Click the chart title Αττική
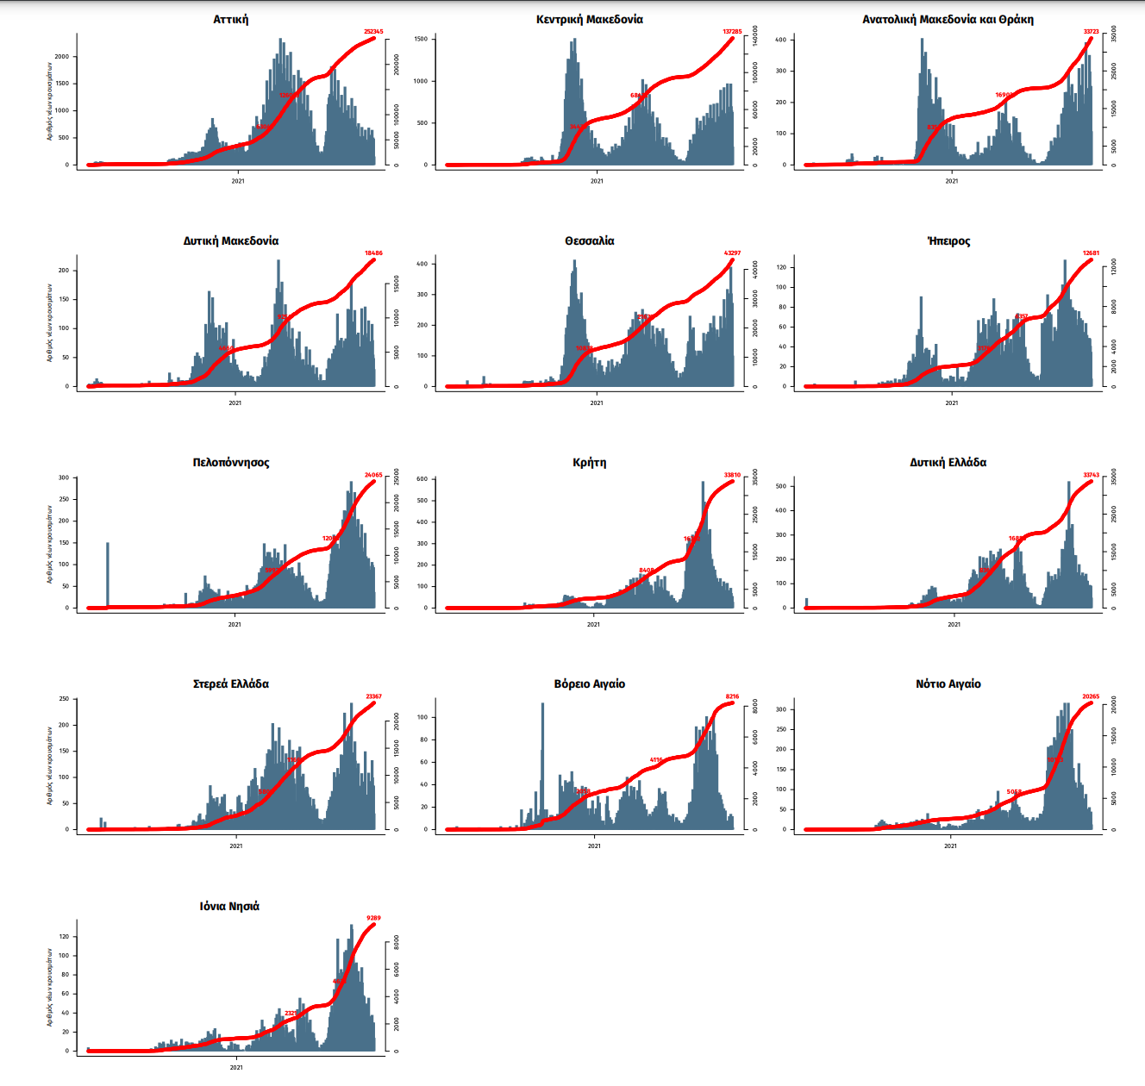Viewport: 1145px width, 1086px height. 230,19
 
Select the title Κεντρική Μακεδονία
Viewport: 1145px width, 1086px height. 589,19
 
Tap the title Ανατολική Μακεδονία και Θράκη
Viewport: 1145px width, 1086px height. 948,19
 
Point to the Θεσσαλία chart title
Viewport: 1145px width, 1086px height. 589,240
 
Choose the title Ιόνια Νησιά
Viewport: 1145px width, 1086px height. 229,906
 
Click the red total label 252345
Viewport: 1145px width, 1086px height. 373,32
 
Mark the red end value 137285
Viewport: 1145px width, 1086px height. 732,32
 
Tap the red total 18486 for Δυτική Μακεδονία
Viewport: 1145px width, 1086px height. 373,253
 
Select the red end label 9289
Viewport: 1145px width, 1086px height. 373,918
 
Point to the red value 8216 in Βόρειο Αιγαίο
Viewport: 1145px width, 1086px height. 732,696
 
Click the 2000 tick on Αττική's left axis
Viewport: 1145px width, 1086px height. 62,57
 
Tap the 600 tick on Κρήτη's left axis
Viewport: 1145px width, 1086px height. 422,479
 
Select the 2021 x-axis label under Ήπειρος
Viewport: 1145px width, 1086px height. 951,403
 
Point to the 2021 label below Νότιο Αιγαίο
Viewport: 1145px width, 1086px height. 950,846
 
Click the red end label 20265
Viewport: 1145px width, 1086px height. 1091,696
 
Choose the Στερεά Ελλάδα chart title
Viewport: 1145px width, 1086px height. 230,683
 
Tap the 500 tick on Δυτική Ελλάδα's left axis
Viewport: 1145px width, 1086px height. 780,486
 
